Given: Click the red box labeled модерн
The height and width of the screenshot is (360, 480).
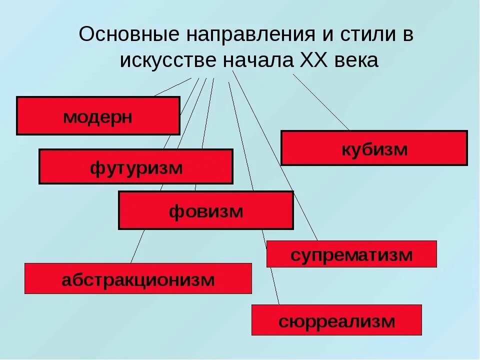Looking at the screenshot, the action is (x=98, y=116).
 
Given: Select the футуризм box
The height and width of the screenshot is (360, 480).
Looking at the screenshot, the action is (x=135, y=166).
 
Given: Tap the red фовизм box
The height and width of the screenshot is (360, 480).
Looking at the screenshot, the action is (x=205, y=210).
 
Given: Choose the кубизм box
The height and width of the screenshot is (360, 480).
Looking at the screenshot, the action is (x=374, y=148).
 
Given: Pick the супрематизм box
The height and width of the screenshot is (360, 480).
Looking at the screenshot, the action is (x=351, y=254).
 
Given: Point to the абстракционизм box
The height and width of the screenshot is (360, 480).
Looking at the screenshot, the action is (x=138, y=278).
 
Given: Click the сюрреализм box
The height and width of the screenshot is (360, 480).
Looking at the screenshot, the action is (x=336, y=320).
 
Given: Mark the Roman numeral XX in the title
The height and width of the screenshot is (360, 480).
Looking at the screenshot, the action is (x=313, y=60).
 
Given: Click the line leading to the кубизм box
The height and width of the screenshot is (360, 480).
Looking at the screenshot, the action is (x=321, y=102).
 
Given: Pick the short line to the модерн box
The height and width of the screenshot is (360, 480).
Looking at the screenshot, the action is (x=172, y=86).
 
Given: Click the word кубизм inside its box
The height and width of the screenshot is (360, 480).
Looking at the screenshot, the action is (x=374, y=148).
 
